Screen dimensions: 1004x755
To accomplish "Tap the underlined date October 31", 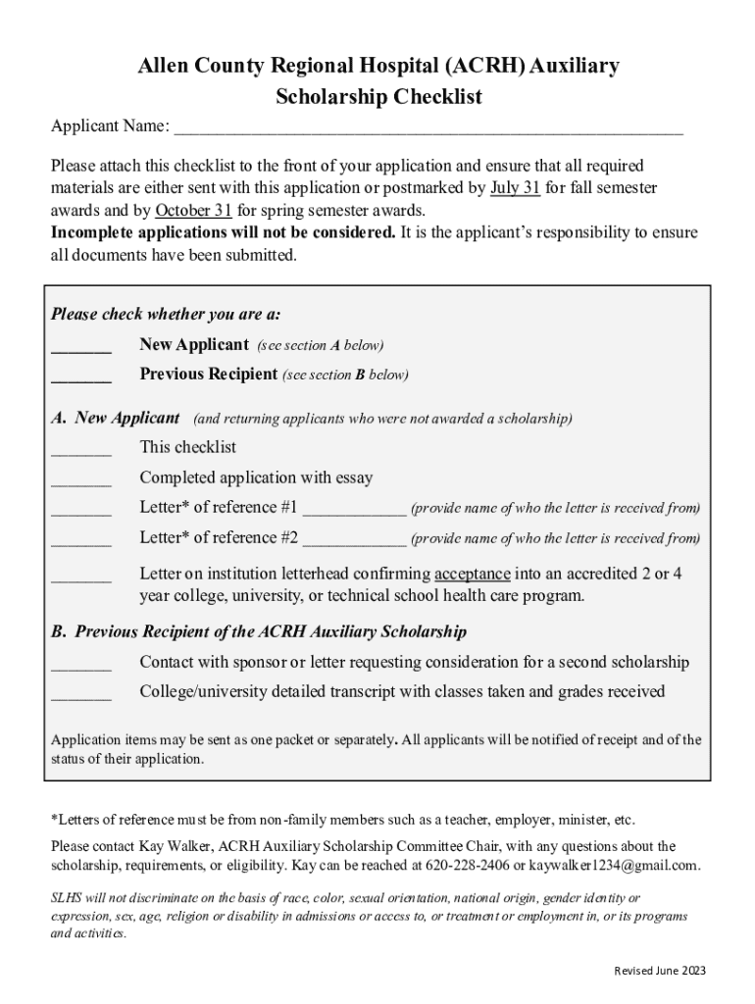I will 193,210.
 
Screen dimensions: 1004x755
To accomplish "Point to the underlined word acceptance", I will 472,574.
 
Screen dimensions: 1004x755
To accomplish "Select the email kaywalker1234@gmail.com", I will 614,866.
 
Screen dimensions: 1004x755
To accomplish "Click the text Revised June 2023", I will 659,971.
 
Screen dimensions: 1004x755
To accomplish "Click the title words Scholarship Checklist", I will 378,97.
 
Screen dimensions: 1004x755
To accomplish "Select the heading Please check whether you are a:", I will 165,315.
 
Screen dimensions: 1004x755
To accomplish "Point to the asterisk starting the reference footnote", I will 54,818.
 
